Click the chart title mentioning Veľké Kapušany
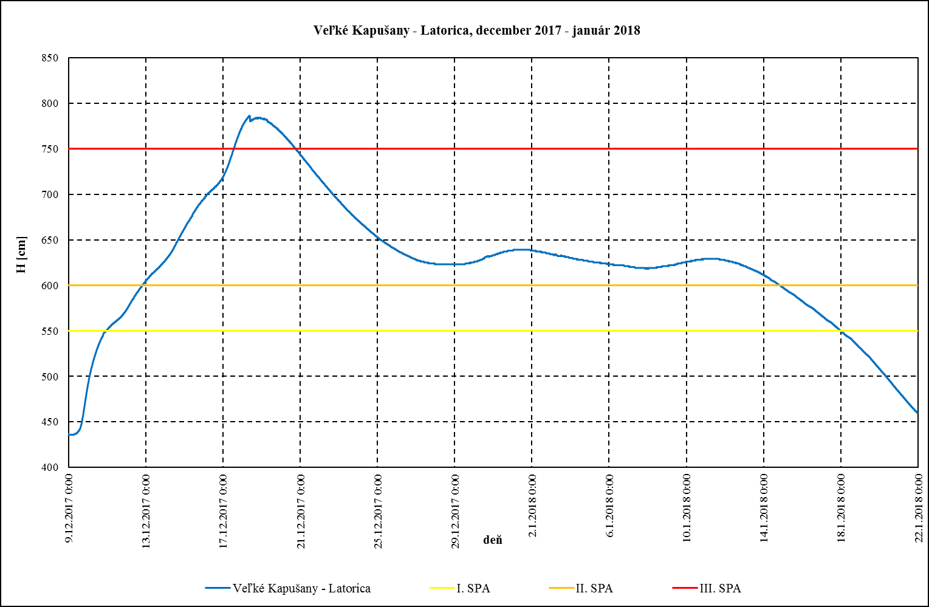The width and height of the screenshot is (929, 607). (x=476, y=30)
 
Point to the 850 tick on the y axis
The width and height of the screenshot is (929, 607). (x=50, y=58)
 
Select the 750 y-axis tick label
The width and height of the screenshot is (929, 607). (x=50, y=149)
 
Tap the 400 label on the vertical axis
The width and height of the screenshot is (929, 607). (x=50, y=467)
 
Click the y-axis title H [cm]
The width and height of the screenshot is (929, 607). (x=21, y=263)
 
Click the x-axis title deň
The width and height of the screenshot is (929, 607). (x=493, y=540)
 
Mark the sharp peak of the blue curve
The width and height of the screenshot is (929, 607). (x=249, y=116)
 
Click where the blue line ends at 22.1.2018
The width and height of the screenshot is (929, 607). (x=917, y=413)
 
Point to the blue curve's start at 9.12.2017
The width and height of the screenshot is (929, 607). (x=69, y=435)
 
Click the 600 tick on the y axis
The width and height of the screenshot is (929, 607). (x=50, y=286)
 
